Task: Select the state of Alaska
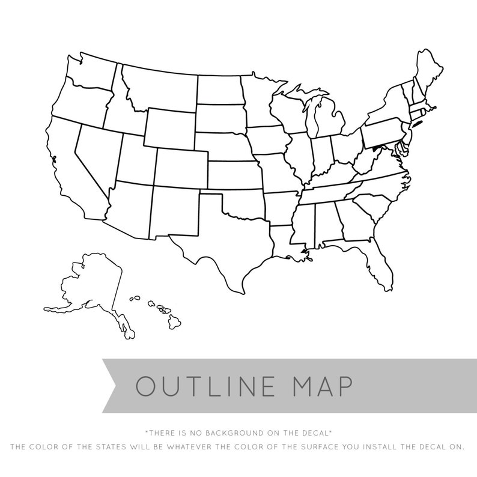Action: click(96, 285)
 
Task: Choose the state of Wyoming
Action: click(169, 127)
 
